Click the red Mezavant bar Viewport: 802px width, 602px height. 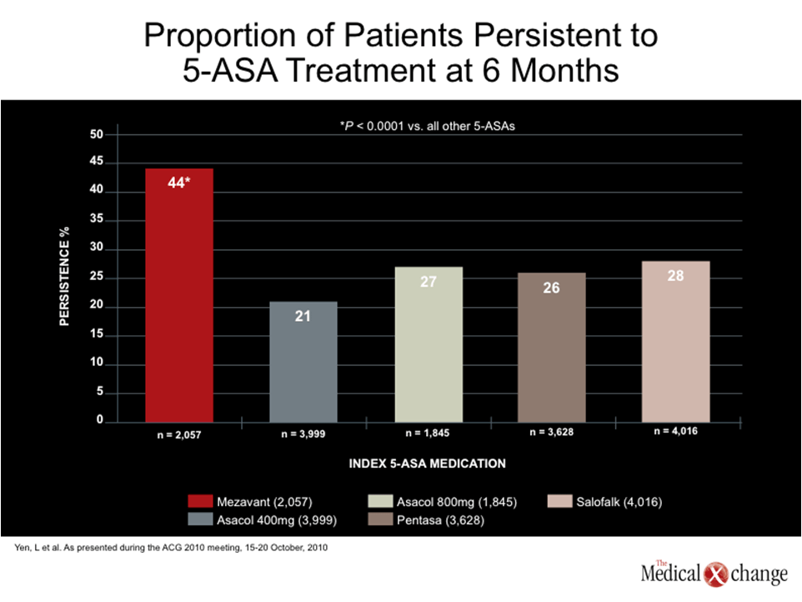pyautogui.click(x=179, y=295)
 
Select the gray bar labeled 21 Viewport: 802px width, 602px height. pyautogui.click(x=303, y=362)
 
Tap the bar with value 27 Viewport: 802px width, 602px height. pyautogui.click(x=429, y=344)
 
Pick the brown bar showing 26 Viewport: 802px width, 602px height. pyautogui.click(x=551, y=348)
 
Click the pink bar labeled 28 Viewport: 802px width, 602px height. pyautogui.click(x=675, y=342)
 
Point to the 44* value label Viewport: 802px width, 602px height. pyautogui.click(x=179, y=183)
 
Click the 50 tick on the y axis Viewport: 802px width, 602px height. pyautogui.click(x=97, y=134)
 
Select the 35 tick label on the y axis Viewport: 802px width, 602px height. pyautogui.click(x=97, y=218)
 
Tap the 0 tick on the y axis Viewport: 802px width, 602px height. pyautogui.click(x=100, y=419)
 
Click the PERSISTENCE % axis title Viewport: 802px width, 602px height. pyautogui.click(x=64, y=276)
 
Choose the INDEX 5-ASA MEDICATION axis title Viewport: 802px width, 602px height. pyautogui.click(x=427, y=464)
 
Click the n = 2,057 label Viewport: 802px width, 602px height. pyautogui.click(x=179, y=434)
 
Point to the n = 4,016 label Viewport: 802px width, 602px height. pyautogui.click(x=675, y=431)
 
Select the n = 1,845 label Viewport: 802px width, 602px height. pyautogui.click(x=428, y=433)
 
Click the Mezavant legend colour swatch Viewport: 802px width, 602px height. pyautogui.click(x=200, y=501)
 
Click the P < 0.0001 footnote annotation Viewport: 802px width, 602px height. pyautogui.click(x=427, y=126)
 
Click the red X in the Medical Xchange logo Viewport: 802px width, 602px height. pyautogui.click(x=715, y=574)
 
